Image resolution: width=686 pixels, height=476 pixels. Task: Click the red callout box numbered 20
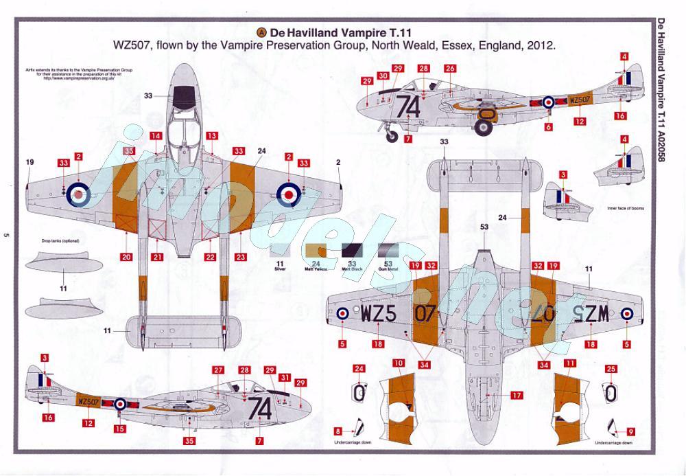(x=126, y=258)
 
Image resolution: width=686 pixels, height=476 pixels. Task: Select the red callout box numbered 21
(x=158, y=258)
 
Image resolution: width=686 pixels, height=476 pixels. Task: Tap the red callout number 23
(x=241, y=258)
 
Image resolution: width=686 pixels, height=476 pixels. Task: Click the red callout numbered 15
(x=120, y=429)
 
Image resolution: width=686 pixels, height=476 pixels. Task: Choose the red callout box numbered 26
(x=450, y=69)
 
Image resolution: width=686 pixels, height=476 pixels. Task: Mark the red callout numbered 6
(x=549, y=127)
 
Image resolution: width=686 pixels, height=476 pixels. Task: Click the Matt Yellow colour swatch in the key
(x=317, y=252)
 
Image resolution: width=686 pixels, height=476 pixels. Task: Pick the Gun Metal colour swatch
(x=389, y=252)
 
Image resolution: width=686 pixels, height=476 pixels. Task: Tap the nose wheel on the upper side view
(x=392, y=135)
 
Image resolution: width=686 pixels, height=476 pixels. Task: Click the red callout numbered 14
(x=156, y=136)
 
